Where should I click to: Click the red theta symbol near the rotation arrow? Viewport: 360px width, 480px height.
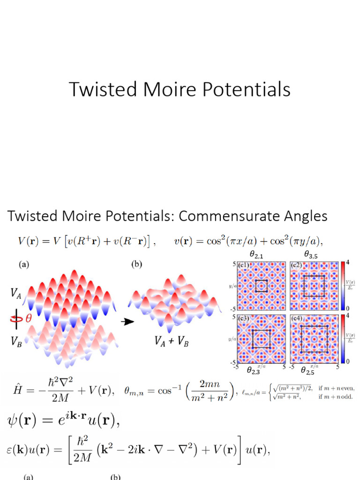pyautogui.click(x=28, y=318)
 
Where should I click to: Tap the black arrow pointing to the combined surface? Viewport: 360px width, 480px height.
pyautogui.click(x=126, y=322)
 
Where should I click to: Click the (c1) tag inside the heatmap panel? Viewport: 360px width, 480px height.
pyautogui.click(x=244, y=266)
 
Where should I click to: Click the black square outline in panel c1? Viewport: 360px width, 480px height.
pyautogui.click(x=261, y=286)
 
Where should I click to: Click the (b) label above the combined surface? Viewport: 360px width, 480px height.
pyautogui.click(x=136, y=264)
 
